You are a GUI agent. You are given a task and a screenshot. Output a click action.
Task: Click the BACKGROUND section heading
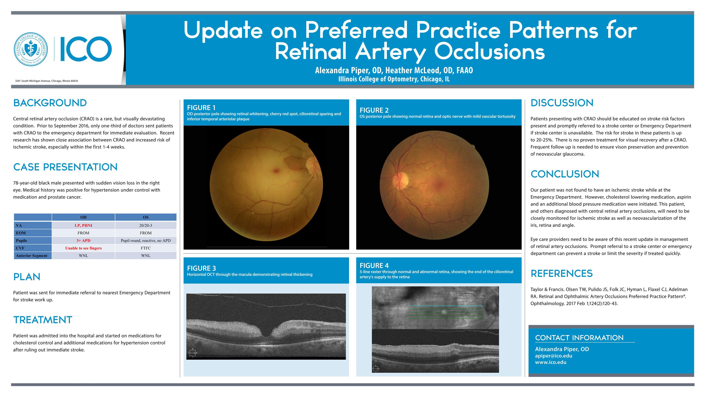(50, 103)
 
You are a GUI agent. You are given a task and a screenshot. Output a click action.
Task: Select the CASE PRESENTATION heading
(65, 167)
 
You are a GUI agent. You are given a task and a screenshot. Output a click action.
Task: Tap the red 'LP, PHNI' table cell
(83, 225)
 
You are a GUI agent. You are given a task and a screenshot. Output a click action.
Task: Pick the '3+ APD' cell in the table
(83, 241)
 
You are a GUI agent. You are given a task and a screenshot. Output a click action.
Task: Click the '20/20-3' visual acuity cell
(146, 225)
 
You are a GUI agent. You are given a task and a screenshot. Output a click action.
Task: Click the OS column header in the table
(146, 217)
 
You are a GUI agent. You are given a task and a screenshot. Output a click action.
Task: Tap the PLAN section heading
(27, 277)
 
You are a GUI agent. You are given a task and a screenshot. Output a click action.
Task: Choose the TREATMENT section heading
(43, 320)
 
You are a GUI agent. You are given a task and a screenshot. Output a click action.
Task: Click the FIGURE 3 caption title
(201, 268)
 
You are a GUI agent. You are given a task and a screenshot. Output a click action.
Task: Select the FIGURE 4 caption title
(374, 265)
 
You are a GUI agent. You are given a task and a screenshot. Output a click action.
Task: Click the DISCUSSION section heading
(562, 103)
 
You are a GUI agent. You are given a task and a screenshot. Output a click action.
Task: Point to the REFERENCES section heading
(562, 273)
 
